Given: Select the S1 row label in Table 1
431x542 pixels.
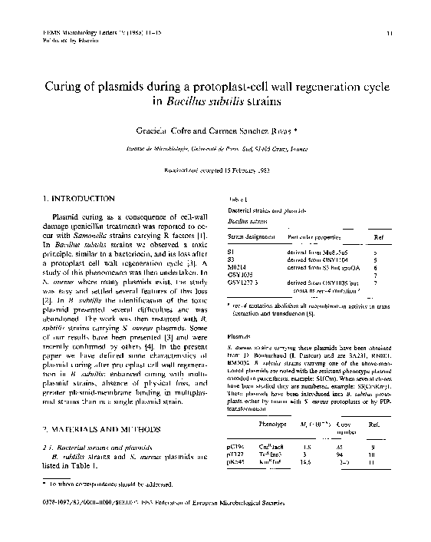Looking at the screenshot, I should pyautogui.click(x=232, y=252).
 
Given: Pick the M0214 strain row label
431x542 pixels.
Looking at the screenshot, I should pyautogui.click(x=239, y=266).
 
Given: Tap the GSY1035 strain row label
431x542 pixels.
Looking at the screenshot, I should pyautogui.click(x=241, y=274).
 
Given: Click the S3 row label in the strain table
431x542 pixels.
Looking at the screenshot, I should pyautogui.click(x=232, y=259).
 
